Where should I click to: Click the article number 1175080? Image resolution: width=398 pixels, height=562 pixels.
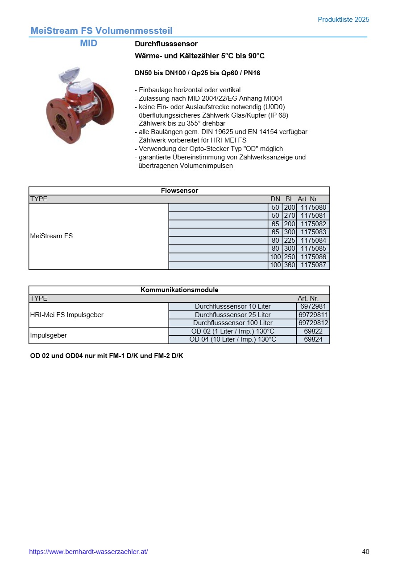(313, 208)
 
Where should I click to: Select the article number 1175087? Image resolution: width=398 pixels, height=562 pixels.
(313, 265)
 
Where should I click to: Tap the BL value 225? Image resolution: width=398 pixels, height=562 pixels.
(290, 240)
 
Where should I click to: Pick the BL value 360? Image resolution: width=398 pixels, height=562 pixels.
(290, 265)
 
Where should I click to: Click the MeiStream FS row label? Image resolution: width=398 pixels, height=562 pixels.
(51, 236)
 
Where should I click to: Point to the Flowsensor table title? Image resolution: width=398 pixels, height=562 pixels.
(179, 191)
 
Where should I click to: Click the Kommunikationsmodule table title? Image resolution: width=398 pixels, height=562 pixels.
(179, 290)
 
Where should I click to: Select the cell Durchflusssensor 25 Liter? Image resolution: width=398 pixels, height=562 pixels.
(232, 315)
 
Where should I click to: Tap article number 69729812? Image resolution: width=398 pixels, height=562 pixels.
(313, 323)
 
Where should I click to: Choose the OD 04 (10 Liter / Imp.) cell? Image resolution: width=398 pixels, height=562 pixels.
(232, 339)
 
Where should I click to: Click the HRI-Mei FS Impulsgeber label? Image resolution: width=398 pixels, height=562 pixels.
(66, 315)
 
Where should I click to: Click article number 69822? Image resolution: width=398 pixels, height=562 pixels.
(313, 331)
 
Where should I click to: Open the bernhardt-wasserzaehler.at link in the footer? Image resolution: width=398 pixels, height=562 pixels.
(88, 552)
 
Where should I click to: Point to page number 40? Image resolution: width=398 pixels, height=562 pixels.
(365, 552)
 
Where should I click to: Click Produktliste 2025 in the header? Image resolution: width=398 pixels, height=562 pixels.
(343, 20)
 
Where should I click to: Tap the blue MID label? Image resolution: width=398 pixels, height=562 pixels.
(88, 43)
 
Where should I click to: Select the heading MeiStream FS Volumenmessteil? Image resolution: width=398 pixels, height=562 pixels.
(101, 31)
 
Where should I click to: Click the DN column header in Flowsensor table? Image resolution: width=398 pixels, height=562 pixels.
(275, 199)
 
